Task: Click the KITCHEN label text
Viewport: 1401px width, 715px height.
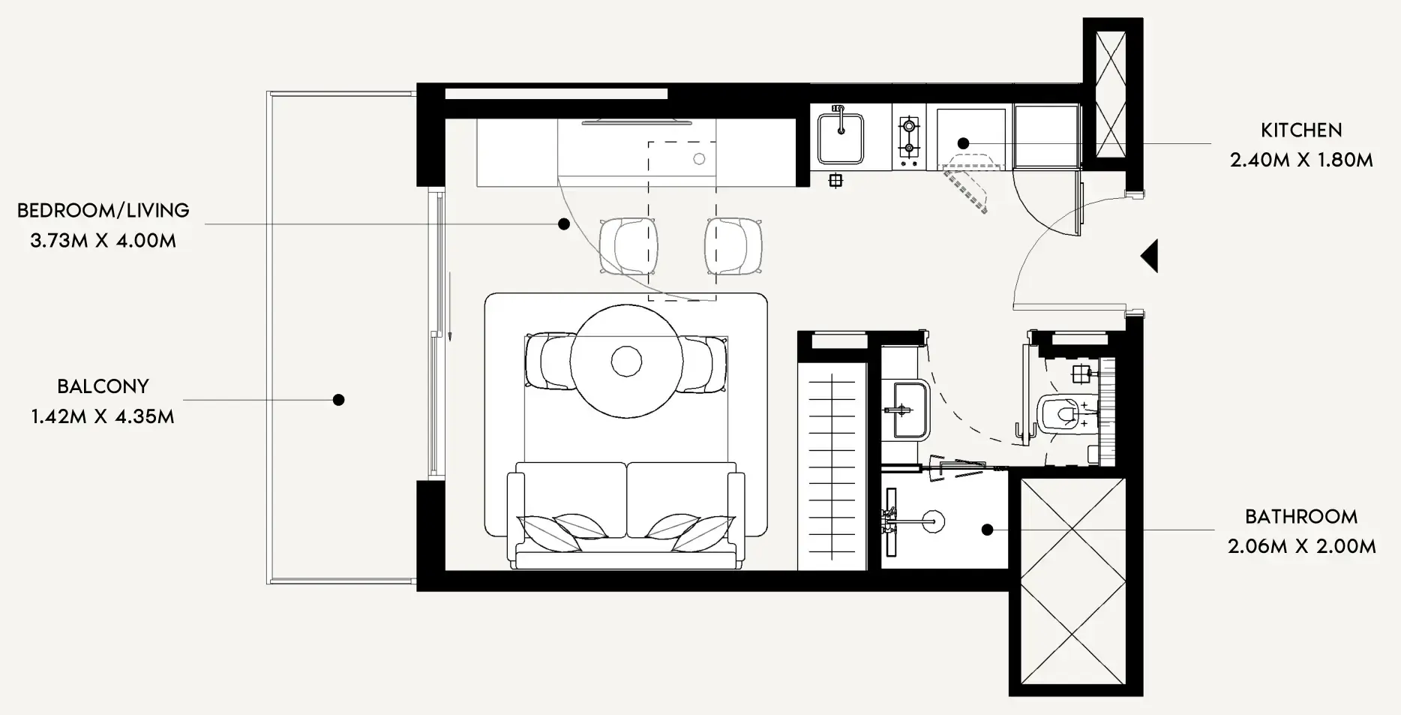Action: click(x=1301, y=131)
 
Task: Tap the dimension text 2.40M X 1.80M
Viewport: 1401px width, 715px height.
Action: click(x=1301, y=160)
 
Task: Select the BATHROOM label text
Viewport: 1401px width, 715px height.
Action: click(x=1301, y=517)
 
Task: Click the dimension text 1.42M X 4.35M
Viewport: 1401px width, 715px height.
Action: click(x=103, y=416)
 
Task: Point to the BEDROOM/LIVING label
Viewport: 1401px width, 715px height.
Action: click(x=103, y=211)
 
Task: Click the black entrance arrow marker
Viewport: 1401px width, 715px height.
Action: click(x=1149, y=257)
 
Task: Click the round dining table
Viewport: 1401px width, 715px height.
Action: click(x=626, y=361)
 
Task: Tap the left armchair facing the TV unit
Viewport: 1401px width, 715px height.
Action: click(x=628, y=245)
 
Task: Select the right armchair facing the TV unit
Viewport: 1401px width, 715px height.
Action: click(x=733, y=245)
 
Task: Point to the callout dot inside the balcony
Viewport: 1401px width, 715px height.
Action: click(x=338, y=400)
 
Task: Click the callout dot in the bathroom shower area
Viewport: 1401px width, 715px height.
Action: click(x=987, y=530)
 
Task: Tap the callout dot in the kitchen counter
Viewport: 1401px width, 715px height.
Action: click(x=963, y=143)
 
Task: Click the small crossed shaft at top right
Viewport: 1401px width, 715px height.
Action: click(x=1110, y=94)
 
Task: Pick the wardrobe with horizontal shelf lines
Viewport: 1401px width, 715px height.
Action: click(x=832, y=466)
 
